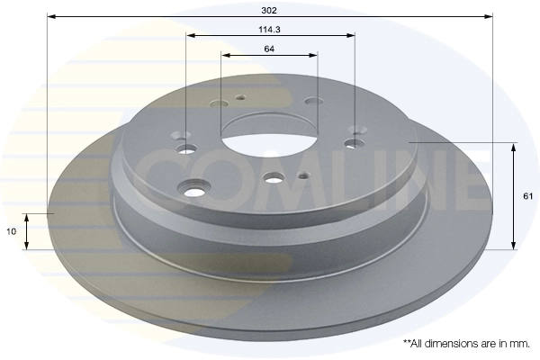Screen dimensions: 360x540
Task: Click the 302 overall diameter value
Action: pos(269,10)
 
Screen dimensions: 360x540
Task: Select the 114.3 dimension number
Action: pos(269,29)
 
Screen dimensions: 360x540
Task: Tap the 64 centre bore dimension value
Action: pos(269,49)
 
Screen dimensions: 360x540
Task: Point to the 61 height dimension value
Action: pos(527,195)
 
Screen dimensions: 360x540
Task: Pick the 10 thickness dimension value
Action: pos(10,231)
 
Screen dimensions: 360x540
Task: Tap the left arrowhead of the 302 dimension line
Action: pos(49,17)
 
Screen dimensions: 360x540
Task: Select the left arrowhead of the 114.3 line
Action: pos(190,36)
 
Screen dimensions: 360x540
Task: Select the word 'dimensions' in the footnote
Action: pos(452,343)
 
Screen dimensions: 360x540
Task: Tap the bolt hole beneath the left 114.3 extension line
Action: pos(188,149)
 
